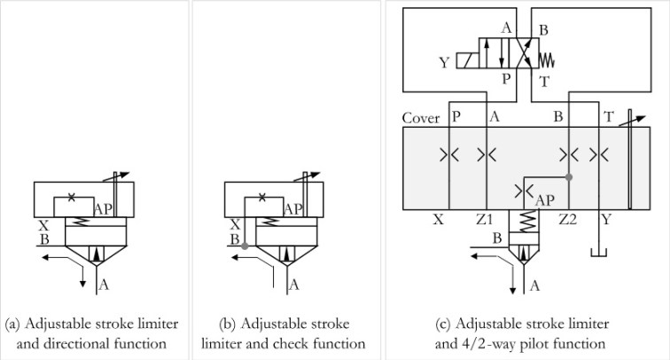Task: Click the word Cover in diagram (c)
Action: [x=421, y=118]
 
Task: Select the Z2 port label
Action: [x=567, y=219]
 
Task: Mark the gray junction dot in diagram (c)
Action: [x=568, y=176]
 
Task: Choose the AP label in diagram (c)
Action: [x=546, y=200]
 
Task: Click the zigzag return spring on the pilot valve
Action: [x=547, y=61]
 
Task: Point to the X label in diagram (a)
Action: [x=43, y=225]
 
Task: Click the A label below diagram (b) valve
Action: [x=294, y=285]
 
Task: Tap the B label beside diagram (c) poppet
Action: [x=497, y=238]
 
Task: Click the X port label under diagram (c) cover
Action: [x=438, y=219]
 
